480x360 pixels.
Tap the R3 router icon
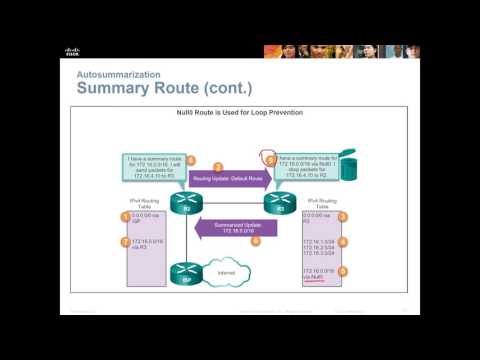point(275,201)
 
